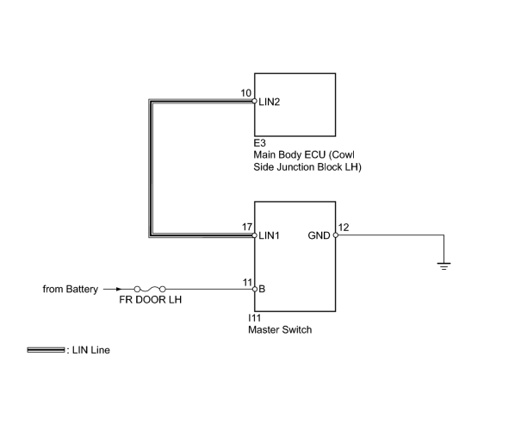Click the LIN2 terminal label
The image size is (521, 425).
[x=270, y=102]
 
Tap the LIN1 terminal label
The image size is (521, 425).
[x=270, y=235]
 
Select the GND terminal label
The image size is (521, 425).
[x=319, y=235]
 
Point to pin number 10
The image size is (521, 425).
[x=246, y=93]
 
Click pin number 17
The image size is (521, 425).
[x=247, y=227]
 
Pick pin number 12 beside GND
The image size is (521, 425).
[x=344, y=228]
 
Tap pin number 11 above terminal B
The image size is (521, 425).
[x=247, y=283]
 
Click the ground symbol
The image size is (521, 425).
[x=443, y=266]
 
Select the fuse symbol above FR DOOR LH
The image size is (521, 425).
[x=150, y=289]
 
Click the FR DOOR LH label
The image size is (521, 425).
[x=150, y=300]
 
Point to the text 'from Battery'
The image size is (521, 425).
[x=71, y=289]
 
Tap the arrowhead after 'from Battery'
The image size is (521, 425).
[x=119, y=289]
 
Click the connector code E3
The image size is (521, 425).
[x=259, y=143]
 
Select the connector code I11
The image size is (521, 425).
[x=255, y=318]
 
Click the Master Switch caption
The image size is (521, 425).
[x=280, y=330]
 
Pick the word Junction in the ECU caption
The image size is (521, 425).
[x=295, y=167]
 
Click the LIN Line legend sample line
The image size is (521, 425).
[x=46, y=350]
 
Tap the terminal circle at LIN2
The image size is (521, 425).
[x=255, y=101]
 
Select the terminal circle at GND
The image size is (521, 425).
[x=336, y=235]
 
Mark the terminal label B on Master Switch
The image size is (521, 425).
[x=262, y=289]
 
